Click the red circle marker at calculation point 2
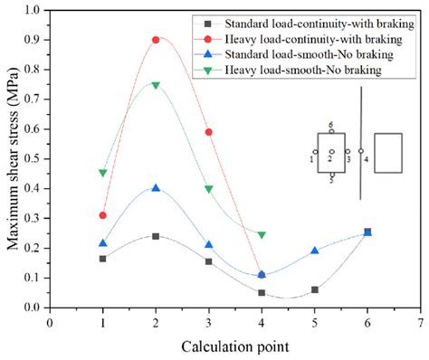click(156, 40)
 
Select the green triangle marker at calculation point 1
click(103, 172)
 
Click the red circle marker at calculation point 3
click(209, 132)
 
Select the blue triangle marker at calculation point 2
click(156, 188)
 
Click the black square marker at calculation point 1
click(103, 259)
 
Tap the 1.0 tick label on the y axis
click(36, 11)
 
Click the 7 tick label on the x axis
click(420, 321)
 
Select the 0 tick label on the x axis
click(51, 321)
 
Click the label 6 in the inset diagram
click(331, 124)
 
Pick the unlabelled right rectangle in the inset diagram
click(387, 152)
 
